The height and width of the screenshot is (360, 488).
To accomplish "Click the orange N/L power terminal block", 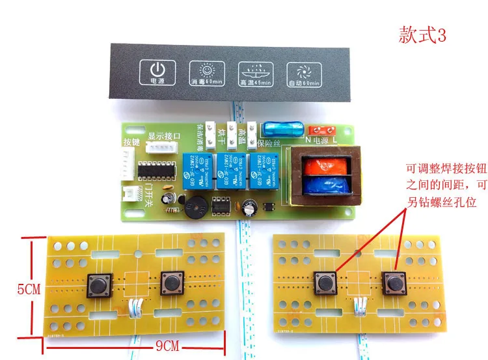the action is (x=319, y=130).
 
